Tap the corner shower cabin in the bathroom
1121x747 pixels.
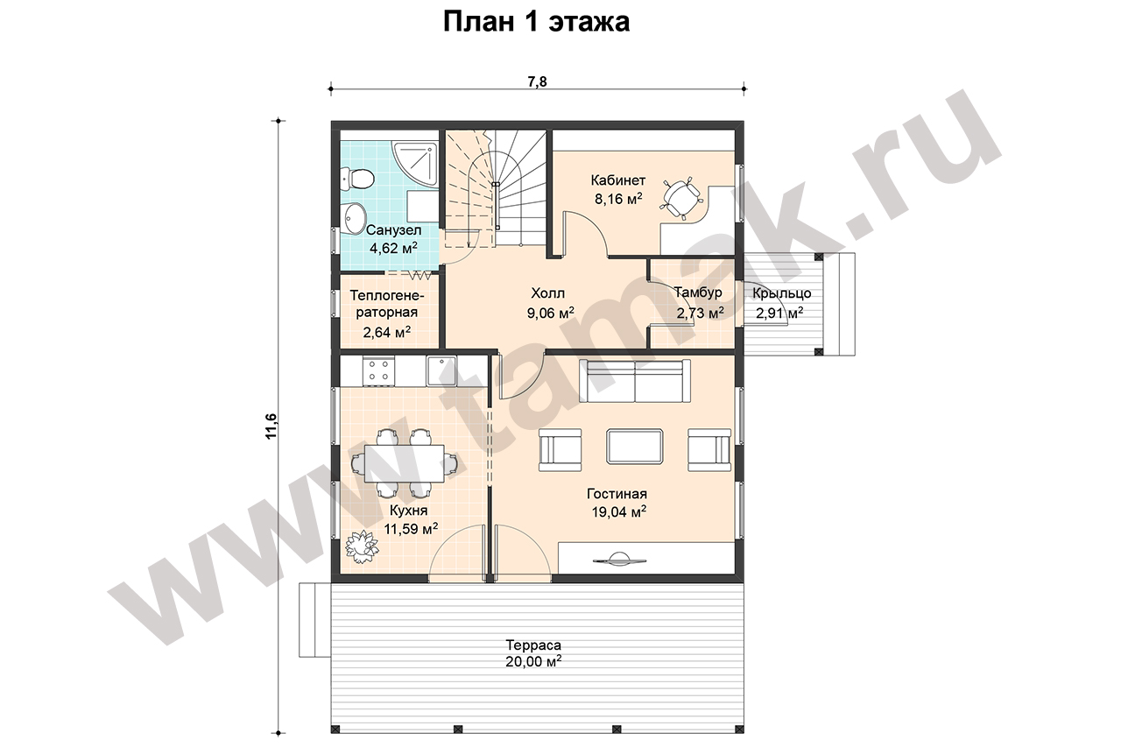(x=415, y=164)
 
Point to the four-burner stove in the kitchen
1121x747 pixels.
(x=379, y=370)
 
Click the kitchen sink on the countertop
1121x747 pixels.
(x=441, y=370)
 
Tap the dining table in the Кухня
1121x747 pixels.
(x=405, y=463)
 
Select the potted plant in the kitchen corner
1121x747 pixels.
(x=363, y=546)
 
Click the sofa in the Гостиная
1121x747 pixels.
(x=635, y=381)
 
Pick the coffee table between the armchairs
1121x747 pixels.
(x=635, y=446)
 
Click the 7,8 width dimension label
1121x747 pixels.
(x=538, y=81)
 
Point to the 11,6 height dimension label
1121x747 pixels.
(x=271, y=426)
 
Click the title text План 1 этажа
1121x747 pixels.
(x=537, y=22)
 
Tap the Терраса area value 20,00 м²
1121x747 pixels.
(x=533, y=661)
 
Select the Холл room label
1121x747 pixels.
(x=548, y=292)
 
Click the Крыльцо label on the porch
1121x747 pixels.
(x=782, y=293)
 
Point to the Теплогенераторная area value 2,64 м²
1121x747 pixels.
(x=387, y=332)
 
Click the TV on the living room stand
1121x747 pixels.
(x=618, y=559)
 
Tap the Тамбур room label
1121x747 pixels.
(x=698, y=292)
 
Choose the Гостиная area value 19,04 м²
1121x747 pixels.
(x=618, y=511)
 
